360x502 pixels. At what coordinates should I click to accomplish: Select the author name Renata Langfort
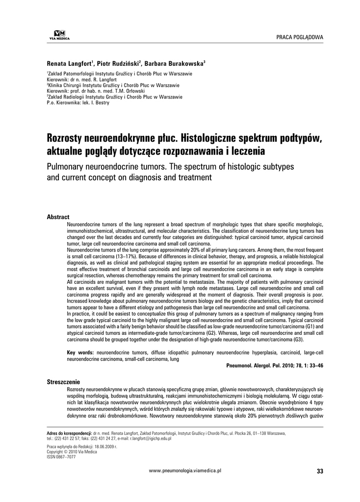click(x=69, y=64)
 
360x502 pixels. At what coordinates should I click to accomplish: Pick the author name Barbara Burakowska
click(x=175, y=64)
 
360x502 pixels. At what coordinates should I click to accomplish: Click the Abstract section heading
click(x=58, y=217)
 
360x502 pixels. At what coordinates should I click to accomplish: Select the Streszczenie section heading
click(x=63, y=381)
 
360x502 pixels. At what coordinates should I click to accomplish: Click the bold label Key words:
click(x=81, y=352)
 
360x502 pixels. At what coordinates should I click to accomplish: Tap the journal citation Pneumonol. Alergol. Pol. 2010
click(x=265, y=366)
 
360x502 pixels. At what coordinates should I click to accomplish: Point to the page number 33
click(x=320, y=472)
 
